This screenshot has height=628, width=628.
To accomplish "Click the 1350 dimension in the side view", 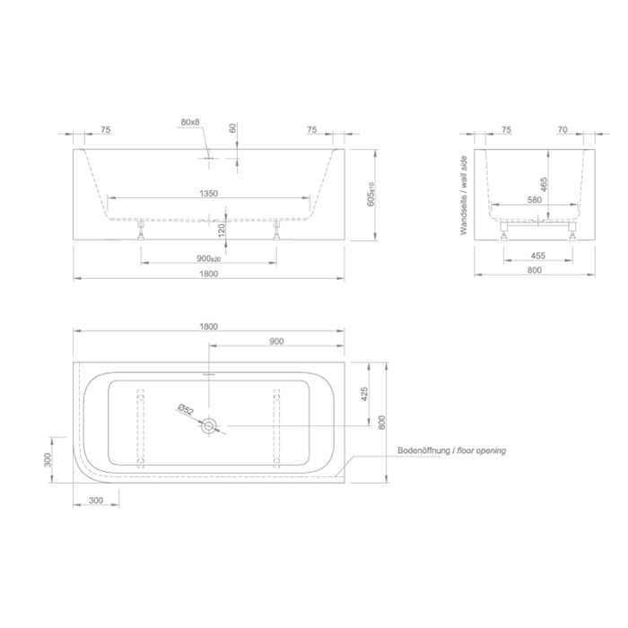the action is click(x=209, y=194).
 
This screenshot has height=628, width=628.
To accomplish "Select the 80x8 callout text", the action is click(x=190, y=122).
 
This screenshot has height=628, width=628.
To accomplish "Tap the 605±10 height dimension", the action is click(x=371, y=195).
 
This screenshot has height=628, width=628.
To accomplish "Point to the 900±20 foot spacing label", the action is click(x=209, y=258).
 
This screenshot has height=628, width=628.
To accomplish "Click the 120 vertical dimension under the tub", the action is click(x=222, y=231).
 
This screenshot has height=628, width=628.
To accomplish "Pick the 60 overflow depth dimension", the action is click(x=233, y=128).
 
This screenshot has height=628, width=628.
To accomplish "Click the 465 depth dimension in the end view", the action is click(x=544, y=184).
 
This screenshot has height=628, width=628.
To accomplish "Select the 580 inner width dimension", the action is click(x=535, y=200).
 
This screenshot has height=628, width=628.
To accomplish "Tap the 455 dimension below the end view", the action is click(x=538, y=256).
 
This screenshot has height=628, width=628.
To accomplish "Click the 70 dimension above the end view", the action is click(x=563, y=129).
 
